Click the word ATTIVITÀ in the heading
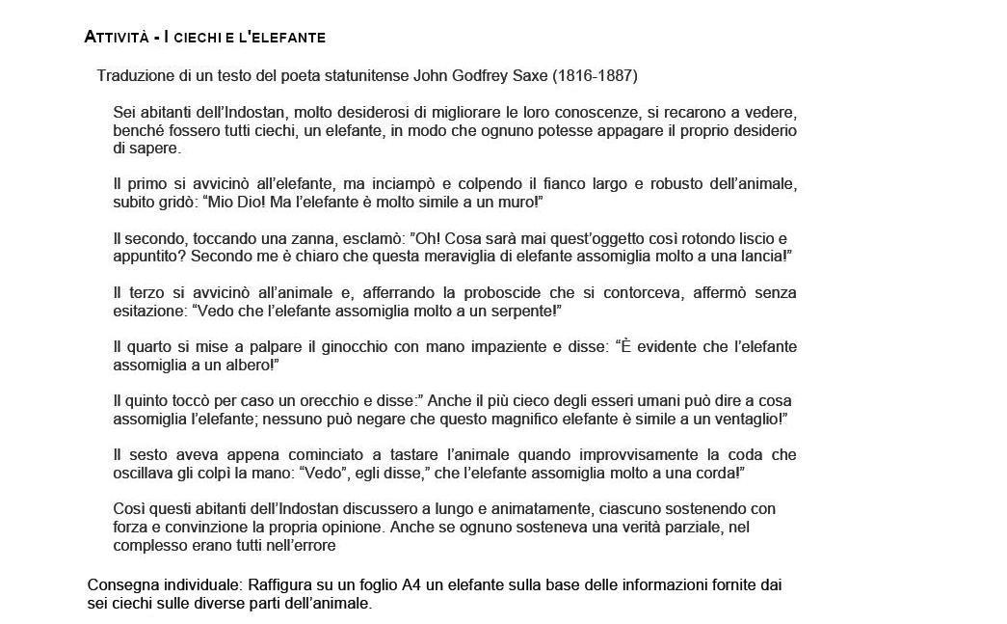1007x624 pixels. click(116, 38)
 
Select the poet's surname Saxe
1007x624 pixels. click(539, 75)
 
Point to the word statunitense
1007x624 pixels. click(367, 75)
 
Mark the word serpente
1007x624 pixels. click(523, 311)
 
